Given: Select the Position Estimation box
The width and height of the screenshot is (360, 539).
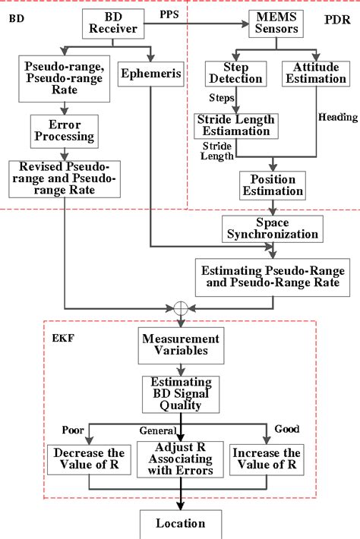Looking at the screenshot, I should pos(272,184).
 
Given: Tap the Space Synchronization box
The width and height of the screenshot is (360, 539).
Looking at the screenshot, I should pos(271,229).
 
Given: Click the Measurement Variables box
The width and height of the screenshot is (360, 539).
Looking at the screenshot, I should pos(181,345).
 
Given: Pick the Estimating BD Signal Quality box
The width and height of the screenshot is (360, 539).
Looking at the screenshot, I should pos(181,393).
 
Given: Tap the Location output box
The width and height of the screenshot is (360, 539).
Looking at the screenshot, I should pos(181,524).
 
